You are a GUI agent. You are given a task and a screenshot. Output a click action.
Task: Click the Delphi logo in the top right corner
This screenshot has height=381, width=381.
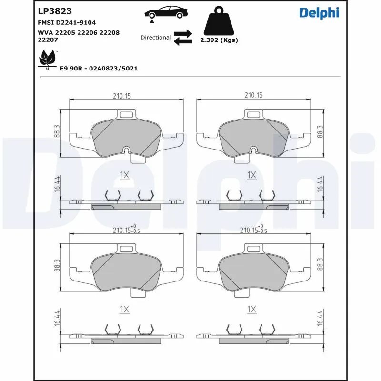coord(319,13)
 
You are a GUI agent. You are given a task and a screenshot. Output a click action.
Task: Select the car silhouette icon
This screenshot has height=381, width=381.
coord(165,13)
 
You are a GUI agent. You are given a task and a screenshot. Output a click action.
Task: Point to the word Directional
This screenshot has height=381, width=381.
coord(156,37)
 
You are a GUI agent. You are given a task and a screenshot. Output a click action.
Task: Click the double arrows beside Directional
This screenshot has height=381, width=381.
coord(182,37)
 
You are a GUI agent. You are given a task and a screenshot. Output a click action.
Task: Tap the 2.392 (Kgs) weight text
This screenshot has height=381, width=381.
coord(219,40)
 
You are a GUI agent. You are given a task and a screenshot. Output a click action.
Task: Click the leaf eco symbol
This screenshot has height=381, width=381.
coord(47,60)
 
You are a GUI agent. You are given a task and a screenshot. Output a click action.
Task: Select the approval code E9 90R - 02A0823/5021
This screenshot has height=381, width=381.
coord(99,69)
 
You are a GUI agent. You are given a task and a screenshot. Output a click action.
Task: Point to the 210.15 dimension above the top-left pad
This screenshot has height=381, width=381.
coord(122,96)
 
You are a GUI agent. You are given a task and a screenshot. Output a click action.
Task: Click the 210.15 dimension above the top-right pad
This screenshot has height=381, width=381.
coord(253,96)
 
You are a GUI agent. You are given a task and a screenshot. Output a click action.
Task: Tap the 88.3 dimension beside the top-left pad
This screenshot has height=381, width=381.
coord(57,132)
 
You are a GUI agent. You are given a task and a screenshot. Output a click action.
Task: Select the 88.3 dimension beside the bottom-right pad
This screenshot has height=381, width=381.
coord(321,265)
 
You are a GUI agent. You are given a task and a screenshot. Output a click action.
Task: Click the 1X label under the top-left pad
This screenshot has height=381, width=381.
coord(124,175)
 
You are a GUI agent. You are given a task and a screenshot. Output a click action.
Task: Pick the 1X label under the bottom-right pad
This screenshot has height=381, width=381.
coord(251,310)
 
